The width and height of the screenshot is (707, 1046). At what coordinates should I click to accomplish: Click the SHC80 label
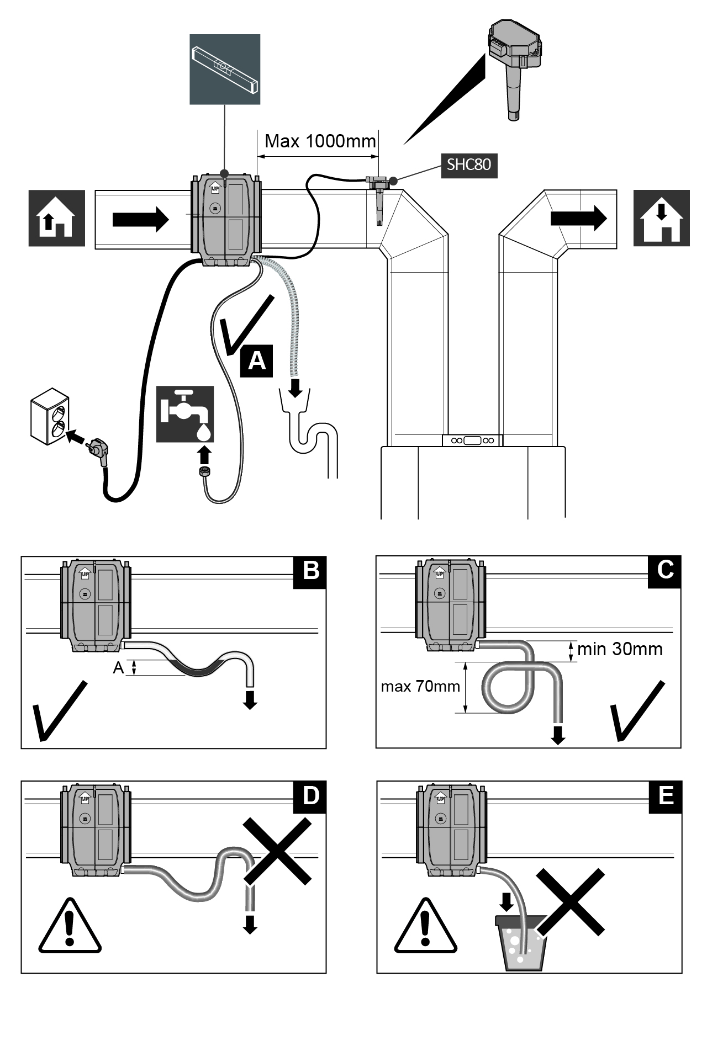click(469, 165)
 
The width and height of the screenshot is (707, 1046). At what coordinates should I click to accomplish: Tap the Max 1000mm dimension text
click(320, 141)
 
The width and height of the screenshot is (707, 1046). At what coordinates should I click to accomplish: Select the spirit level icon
click(225, 70)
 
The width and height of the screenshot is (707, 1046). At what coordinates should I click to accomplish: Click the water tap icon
click(185, 414)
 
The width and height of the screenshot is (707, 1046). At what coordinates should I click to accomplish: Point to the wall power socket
click(50, 416)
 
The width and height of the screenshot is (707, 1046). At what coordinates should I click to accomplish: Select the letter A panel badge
click(257, 362)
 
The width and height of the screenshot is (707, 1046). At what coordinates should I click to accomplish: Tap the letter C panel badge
click(665, 571)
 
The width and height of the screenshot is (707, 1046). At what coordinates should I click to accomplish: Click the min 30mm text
click(620, 649)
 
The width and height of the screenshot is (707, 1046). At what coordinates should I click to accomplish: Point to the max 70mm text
click(420, 687)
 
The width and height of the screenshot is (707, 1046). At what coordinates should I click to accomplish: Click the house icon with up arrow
click(57, 218)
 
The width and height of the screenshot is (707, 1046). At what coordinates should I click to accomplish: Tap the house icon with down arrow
click(662, 218)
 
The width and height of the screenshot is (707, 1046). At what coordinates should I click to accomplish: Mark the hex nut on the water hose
click(204, 472)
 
